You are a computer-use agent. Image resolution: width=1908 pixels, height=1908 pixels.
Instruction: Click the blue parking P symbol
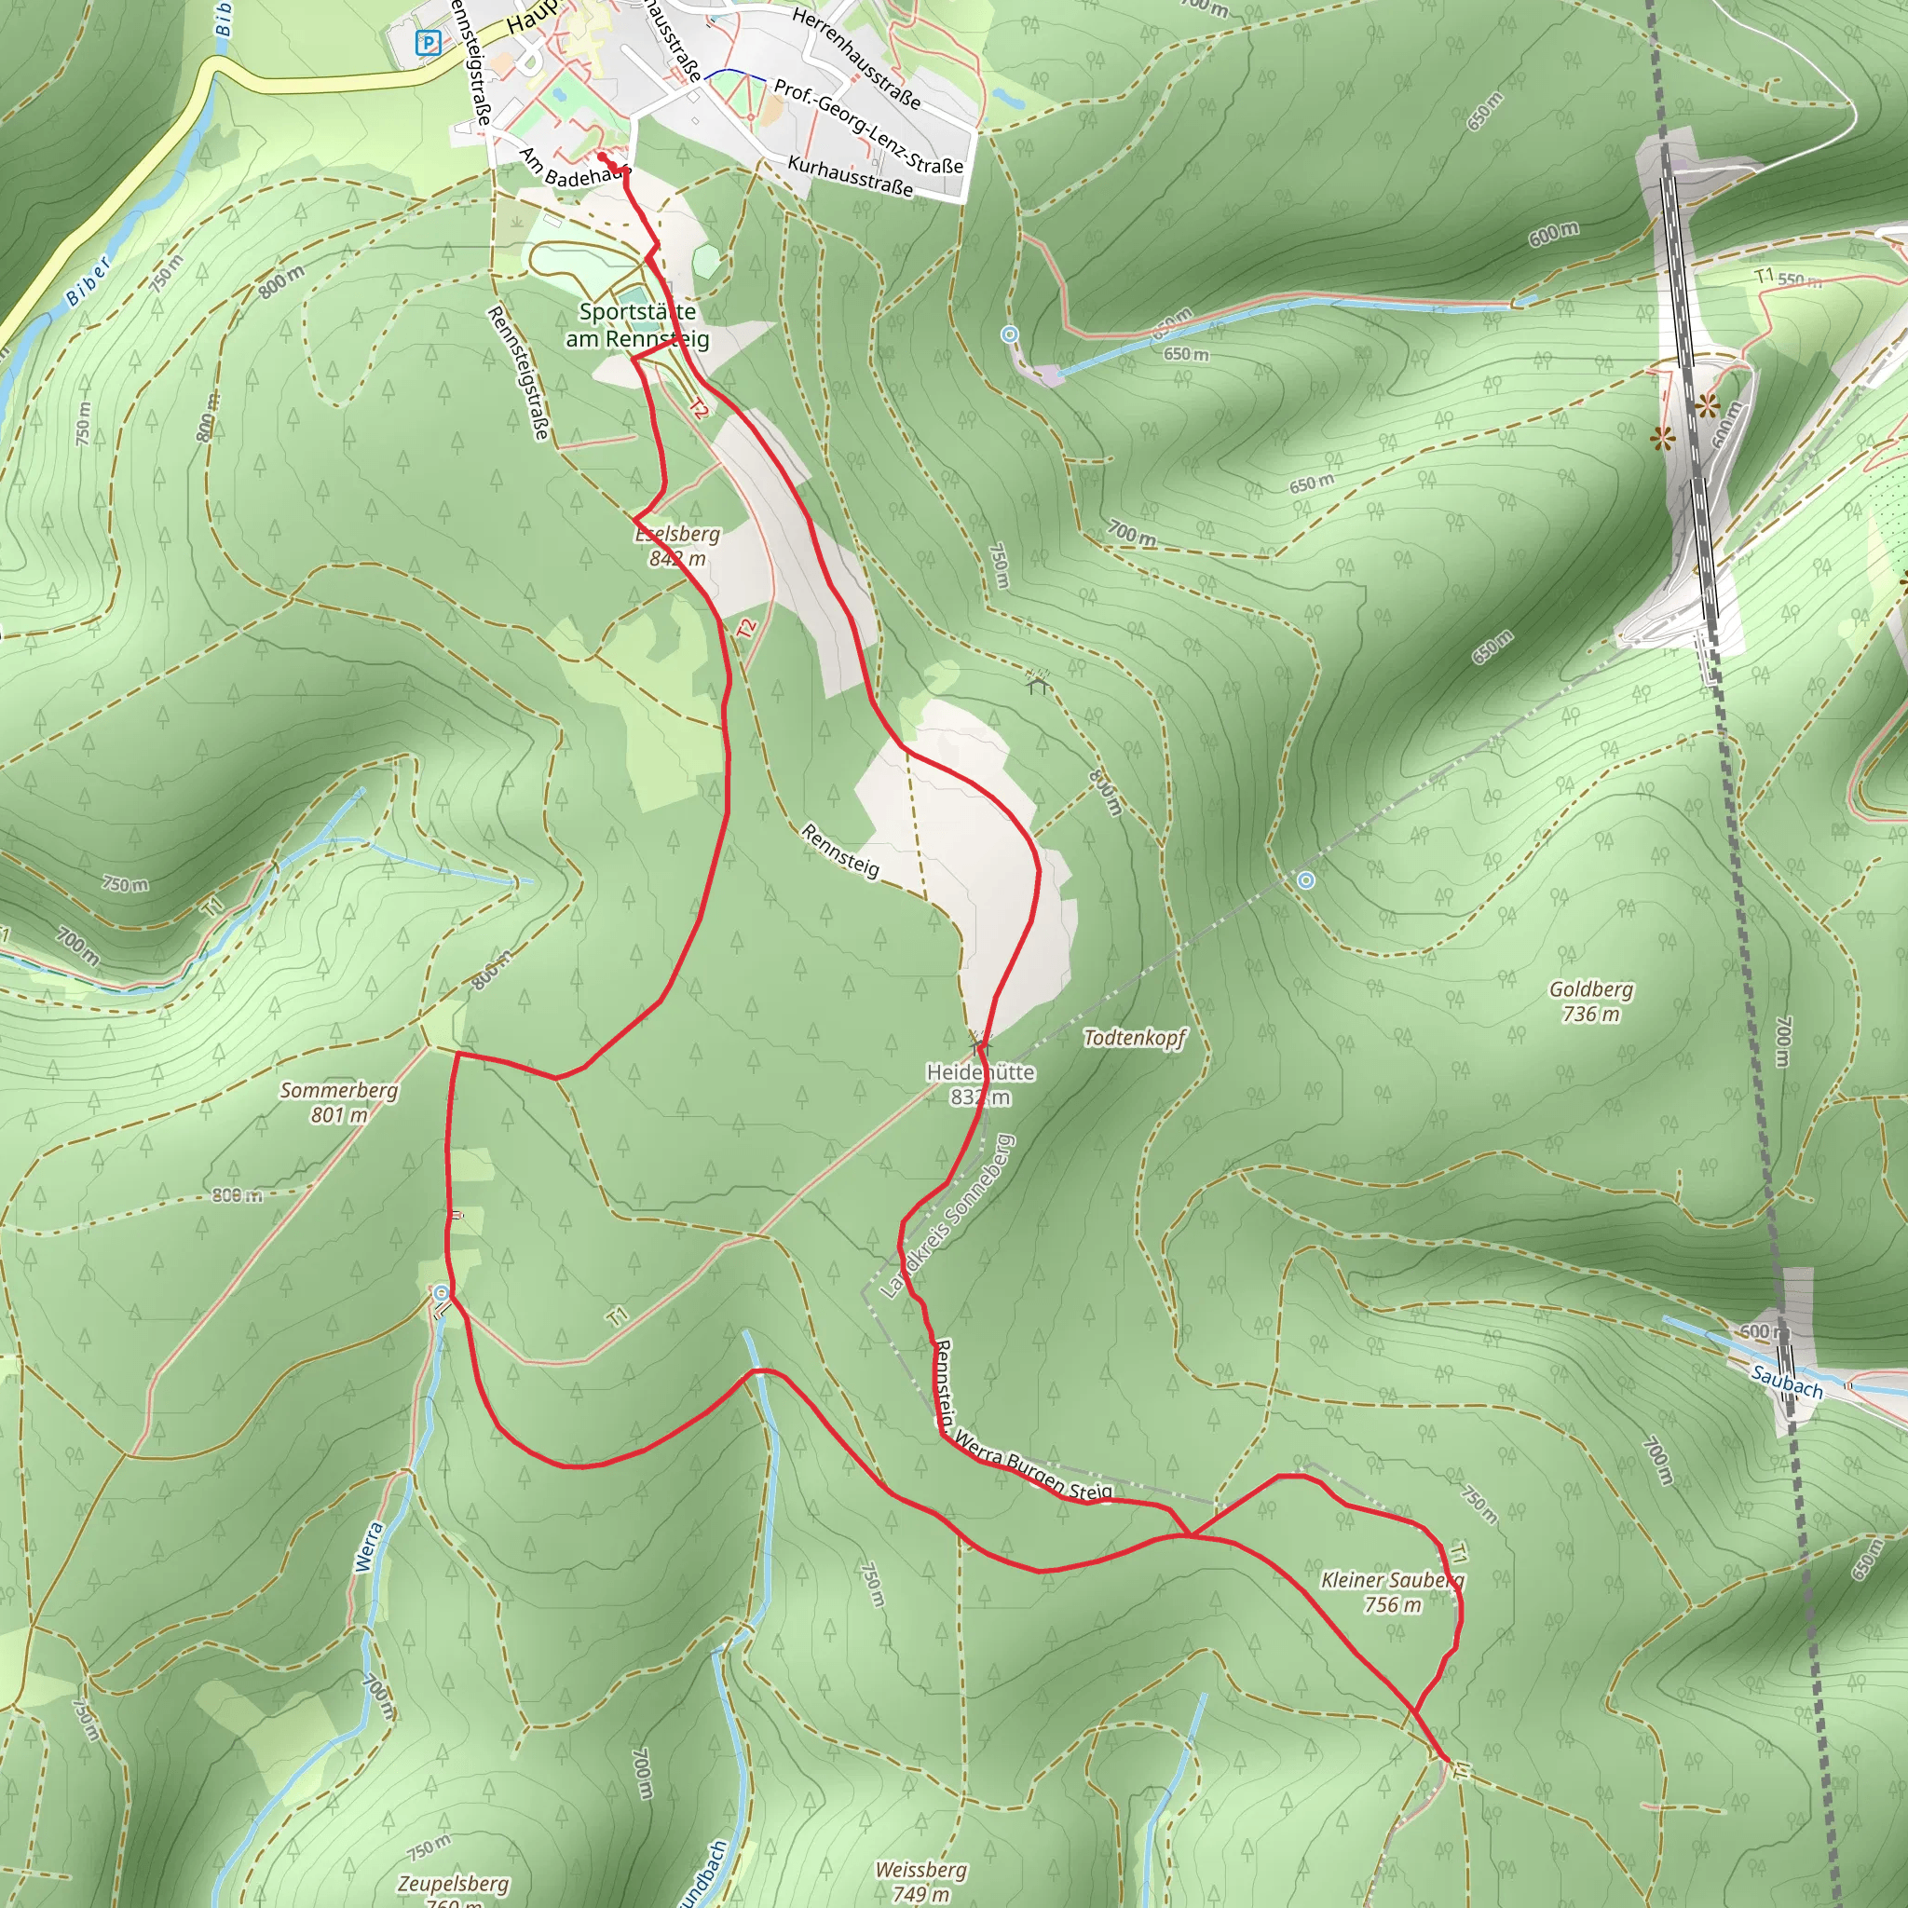[428, 44]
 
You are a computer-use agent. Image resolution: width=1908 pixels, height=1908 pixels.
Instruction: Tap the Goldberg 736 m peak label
[1590, 1001]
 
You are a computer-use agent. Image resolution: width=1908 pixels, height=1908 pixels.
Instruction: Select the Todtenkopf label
[1134, 1037]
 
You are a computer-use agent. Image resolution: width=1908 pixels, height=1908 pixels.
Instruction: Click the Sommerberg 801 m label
[339, 1102]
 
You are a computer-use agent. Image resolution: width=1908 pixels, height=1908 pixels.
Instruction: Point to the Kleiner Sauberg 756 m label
[1392, 1592]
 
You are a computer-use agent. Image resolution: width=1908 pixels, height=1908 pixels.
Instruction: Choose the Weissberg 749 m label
[920, 1880]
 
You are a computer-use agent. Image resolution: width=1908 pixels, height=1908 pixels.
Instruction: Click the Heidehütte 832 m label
[980, 1083]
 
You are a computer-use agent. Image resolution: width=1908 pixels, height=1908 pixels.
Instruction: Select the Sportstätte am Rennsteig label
[637, 325]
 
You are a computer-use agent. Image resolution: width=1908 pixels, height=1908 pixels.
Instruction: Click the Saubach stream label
[1787, 1380]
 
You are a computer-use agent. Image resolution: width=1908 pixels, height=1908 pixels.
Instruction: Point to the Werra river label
[367, 1547]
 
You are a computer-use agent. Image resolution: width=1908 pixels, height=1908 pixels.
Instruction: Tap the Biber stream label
[89, 282]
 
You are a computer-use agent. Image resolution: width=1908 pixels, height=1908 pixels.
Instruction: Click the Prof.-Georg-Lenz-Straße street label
[868, 127]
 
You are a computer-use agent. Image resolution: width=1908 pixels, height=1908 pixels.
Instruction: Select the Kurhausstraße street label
[850, 176]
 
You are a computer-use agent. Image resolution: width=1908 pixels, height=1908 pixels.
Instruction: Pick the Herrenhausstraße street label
[855, 60]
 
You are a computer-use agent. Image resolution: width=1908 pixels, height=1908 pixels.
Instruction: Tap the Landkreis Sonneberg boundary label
[947, 1216]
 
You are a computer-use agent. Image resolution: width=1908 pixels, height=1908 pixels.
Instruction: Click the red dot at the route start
[602, 156]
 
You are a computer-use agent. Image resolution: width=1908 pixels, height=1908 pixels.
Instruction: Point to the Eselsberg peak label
[677, 545]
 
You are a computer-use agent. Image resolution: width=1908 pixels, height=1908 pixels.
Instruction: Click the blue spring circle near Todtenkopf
[1306, 879]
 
